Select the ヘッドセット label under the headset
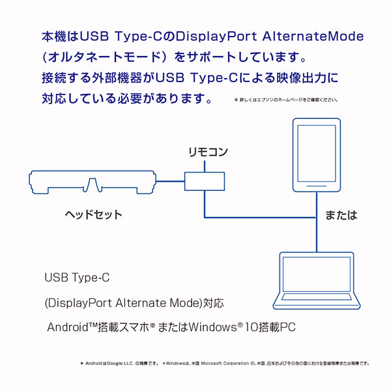[94, 214]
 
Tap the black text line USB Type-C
[77, 278]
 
